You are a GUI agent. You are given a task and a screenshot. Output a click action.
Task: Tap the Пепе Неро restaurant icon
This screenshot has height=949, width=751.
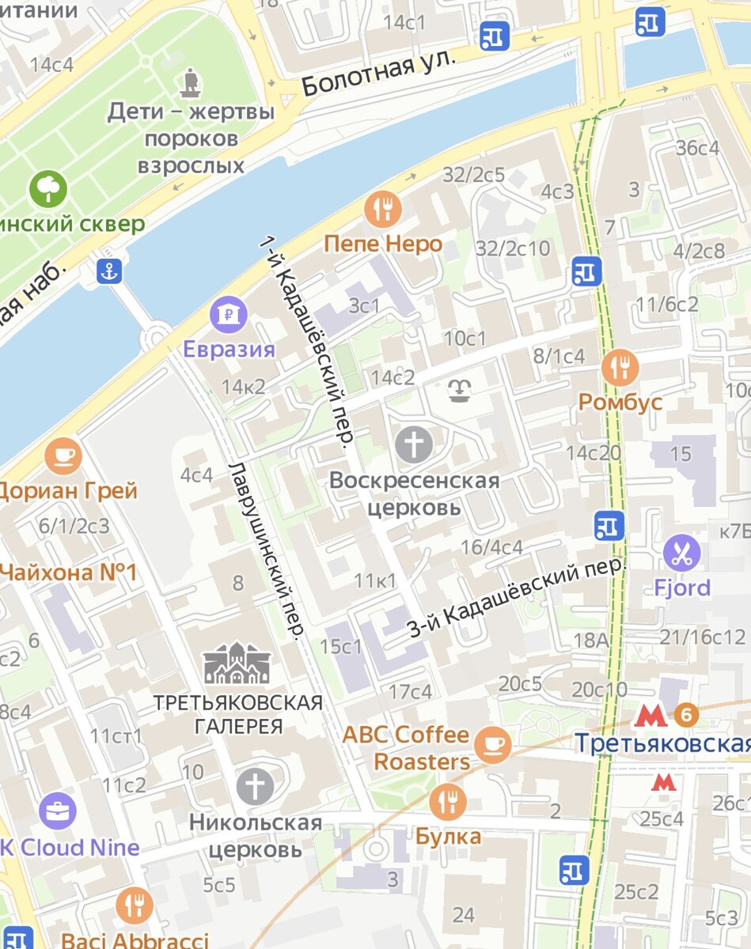coord(383,210)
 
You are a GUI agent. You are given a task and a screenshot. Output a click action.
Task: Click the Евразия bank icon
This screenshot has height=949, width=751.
coord(229,315)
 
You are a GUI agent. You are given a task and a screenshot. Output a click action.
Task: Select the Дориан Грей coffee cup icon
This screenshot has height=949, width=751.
coord(63,455)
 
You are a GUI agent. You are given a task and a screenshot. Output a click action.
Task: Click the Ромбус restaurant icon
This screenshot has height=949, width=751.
coord(620,367)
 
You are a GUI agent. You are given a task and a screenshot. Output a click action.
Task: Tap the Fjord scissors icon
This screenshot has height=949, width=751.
coord(681,553)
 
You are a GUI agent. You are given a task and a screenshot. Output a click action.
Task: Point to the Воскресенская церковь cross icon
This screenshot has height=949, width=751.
coord(414,444)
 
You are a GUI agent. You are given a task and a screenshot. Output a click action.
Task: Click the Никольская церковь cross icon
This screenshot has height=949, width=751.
coord(256,787)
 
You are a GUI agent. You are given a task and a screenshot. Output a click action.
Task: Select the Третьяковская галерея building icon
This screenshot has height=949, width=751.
coord(237,664)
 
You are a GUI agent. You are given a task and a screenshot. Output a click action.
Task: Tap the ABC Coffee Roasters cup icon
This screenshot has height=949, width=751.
coord(493,744)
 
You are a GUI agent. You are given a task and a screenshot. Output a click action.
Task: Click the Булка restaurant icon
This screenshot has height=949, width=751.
coord(448,802)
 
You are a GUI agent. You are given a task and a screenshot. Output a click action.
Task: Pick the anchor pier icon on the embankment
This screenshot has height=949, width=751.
coord(109,271)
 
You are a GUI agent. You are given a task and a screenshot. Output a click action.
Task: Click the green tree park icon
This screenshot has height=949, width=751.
coord(49,189)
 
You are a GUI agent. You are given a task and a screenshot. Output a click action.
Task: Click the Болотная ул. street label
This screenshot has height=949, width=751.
coord(380,72)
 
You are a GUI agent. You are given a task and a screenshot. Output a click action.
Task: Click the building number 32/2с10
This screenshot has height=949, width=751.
coord(513,248)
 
